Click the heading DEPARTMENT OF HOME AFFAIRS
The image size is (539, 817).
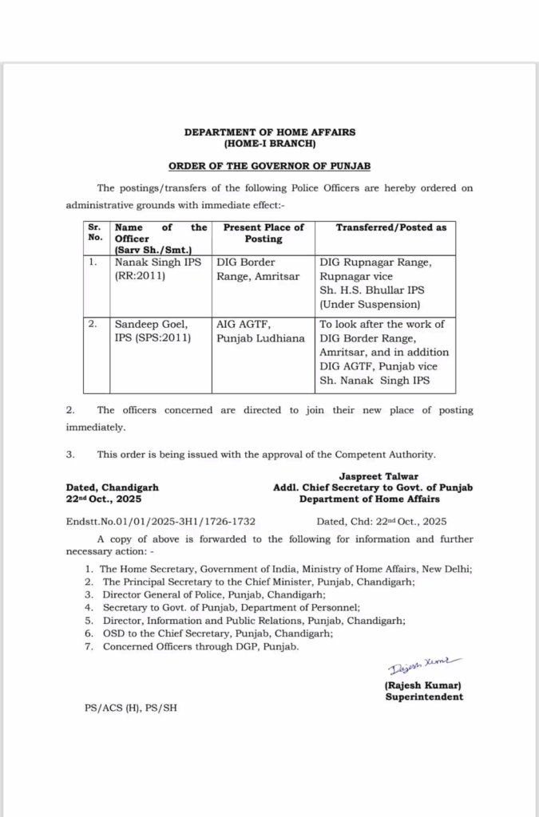pyautogui.click(x=270, y=132)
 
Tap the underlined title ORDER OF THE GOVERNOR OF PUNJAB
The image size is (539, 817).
pyautogui.click(x=269, y=166)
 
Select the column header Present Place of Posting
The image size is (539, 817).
pyautogui.click(x=264, y=233)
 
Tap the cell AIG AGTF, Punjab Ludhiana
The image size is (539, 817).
pyautogui.click(x=260, y=331)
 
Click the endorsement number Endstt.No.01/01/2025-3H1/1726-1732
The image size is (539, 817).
pyautogui.click(x=161, y=521)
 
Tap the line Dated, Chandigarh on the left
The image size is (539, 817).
pyautogui.click(x=113, y=487)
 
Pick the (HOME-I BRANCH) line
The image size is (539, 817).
pyautogui.click(x=270, y=144)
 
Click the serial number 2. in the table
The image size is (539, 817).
pyautogui.click(x=93, y=325)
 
